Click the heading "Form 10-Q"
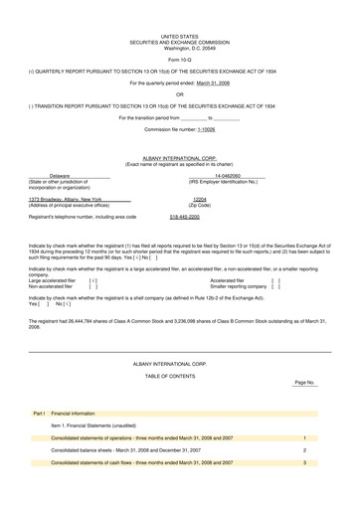coord(179,59)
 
